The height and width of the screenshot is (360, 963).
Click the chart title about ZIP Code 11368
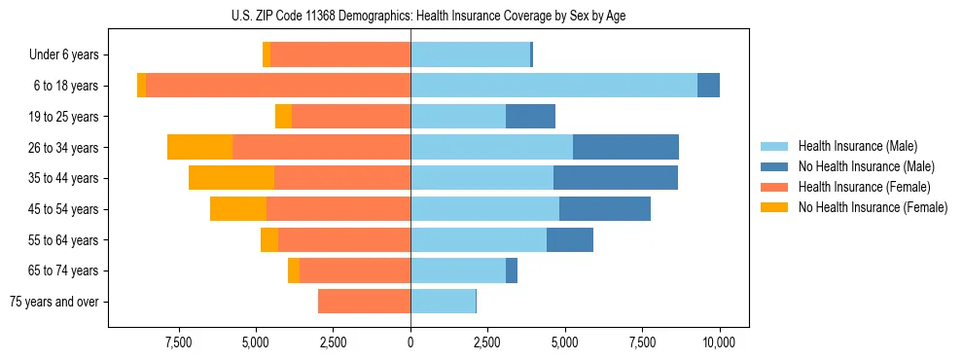(x=429, y=16)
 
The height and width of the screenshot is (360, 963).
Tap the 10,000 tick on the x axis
(x=719, y=343)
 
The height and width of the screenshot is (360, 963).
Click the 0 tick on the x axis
(x=410, y=343)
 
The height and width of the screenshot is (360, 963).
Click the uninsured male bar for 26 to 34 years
(x=625, y=147)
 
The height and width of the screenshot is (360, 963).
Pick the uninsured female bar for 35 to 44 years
(x=232, y=178)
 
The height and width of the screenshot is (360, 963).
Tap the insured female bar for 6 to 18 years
(x=278, y=86)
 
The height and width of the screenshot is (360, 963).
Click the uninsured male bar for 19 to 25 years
(x=530, y=117)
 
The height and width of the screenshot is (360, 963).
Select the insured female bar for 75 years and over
(x=364, y=302)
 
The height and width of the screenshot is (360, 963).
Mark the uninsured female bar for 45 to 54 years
(x=238, y=209)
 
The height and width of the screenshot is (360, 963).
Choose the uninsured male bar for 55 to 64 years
(x=570, y=239)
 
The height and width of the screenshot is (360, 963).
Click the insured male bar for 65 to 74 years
(x=458, y=270)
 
